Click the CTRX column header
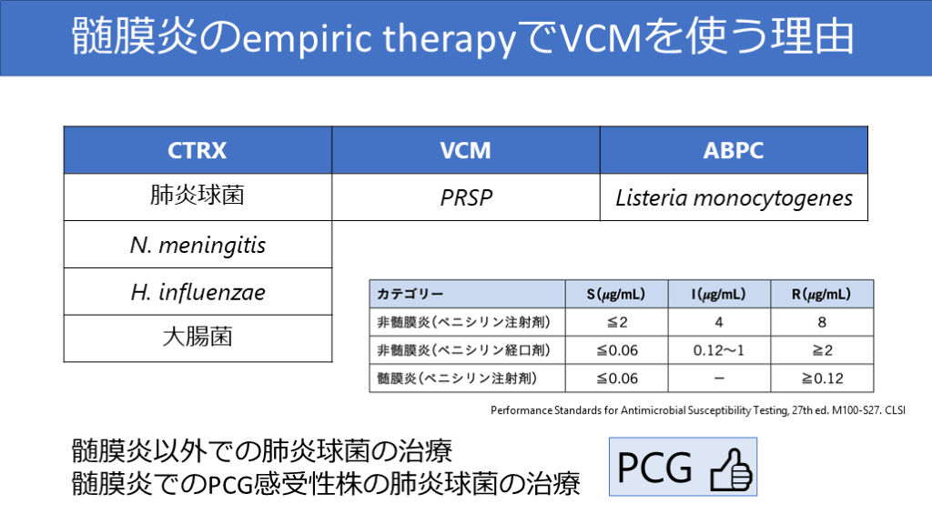198,150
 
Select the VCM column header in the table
466,150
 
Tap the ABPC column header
734,150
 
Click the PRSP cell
466,197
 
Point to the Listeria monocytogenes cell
734,197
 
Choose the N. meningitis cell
198,245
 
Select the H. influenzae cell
198,292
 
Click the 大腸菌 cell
198,338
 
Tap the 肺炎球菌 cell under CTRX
198,196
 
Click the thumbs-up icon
731,469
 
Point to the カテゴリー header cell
467,294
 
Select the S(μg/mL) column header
616,294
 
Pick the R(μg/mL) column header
822,294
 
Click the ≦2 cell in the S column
616,322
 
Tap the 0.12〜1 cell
719,350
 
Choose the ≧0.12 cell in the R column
822,378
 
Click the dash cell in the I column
719,378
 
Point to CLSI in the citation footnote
896,410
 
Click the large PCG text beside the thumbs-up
654,469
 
